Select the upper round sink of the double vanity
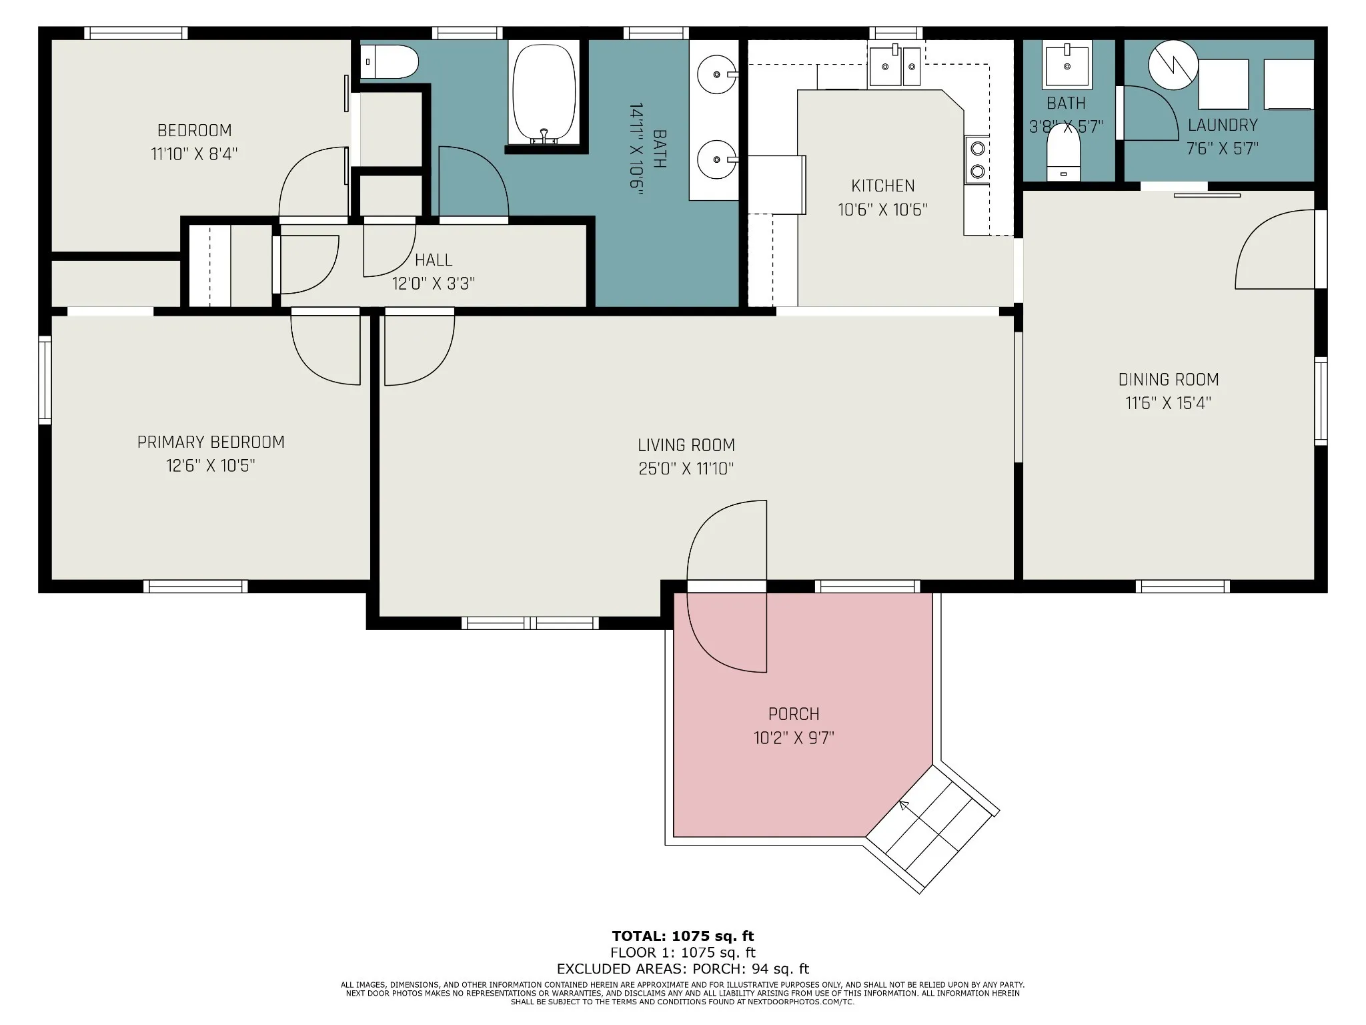(x=717, y=74)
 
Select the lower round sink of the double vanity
(x=717, y=159)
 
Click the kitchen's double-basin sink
(x=894, y=65)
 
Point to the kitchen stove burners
(x=977, y=159)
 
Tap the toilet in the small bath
(x=1064, y=151)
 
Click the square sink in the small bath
(x=1067, y=65)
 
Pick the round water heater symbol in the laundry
(x=1173, y=65)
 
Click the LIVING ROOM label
(x=686, y=445)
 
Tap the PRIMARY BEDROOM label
(x=211, y=442)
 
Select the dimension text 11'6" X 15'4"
(x=1169, y=403)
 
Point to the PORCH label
(x=794, y=714)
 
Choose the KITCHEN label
(x=883, y=186)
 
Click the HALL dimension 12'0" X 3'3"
(x=434, y=284)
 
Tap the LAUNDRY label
(x=1223, y=125)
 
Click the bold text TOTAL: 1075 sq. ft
(x=683, y=936)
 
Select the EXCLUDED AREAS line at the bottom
(x=683, y=968)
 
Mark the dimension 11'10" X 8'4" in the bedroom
(x=194, y=153)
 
